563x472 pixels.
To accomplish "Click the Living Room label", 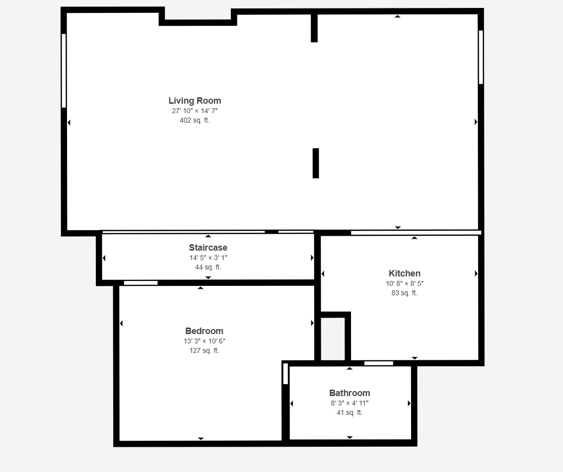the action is (195, 101).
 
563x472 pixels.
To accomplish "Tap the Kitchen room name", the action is (404, 273).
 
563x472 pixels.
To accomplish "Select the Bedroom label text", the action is (205, 331).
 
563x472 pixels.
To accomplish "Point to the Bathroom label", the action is (350, 393).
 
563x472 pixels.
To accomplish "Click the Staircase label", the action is (208, 248).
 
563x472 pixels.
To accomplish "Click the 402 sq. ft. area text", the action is (195, 120).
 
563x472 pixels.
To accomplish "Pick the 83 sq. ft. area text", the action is (404, 293).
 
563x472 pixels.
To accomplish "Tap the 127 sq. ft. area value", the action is (205, 350).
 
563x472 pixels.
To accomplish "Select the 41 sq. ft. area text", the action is (350, 412).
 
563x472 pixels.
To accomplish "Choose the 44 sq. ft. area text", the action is (208, 267).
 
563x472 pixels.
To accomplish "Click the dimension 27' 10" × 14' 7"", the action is (195, 111).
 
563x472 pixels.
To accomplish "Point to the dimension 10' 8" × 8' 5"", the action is (405, 283).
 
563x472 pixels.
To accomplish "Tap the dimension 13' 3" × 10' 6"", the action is (205, 341).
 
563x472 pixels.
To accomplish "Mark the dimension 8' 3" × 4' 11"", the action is (350, 403).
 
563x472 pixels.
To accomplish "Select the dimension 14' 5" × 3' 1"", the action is (208, 258).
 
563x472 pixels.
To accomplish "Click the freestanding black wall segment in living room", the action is (316, 163).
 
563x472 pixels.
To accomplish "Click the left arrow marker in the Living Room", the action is (69, 123).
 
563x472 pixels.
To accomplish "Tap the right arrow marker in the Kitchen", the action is (476, 273).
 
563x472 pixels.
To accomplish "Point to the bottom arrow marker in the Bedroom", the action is (201, 439).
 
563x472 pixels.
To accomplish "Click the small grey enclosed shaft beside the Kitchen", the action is (333, 339).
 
